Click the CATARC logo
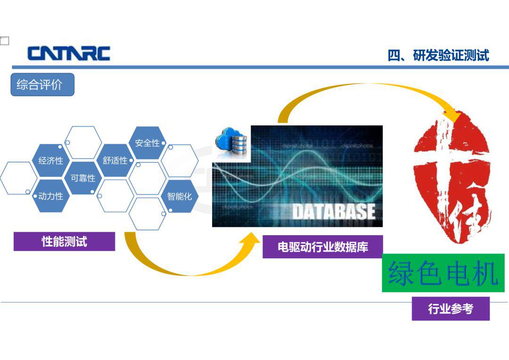point(69,54)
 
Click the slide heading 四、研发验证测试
point(438,56)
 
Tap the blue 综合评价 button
point(42,85)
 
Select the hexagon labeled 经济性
point(51,160)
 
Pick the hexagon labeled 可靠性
point(83,178)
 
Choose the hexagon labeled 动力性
point(51,196)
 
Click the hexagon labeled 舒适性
point(115,160)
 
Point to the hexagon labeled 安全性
point(148,143)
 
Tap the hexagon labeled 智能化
point(180,196)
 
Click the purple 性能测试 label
point(64,242)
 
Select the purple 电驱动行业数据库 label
point(323,247)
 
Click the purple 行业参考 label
point(451,308)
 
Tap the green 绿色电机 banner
point(443,273)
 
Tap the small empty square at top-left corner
point(5,41)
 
